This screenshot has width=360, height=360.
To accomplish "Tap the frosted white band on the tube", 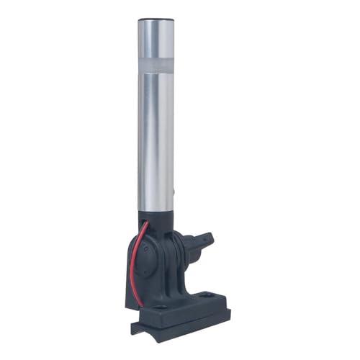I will [x=156, y=67].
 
